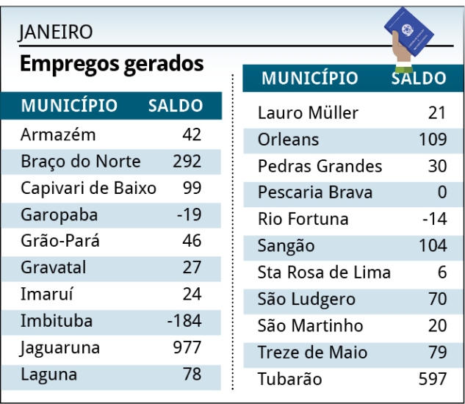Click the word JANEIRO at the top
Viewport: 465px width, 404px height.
tap(57, 32)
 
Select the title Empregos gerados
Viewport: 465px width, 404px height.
tap(111, 64)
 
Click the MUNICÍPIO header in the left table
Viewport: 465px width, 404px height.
tap(69, 106)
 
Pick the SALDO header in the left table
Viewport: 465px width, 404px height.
tap(176, 106)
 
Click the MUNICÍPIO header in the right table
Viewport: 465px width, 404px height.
tap(310, 79)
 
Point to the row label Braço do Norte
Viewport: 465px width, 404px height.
tap(81, 162)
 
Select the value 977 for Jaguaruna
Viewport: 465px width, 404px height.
tap(187, 347)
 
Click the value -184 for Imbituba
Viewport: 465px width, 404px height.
tap(184, 321)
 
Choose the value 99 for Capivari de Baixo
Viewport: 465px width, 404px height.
tap(192, 188)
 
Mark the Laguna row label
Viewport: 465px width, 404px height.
tap(48, 375)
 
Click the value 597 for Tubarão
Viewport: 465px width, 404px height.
tap(432, 379)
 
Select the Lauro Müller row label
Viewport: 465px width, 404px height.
tap(309, 113)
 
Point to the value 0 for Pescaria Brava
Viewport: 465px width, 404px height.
tap(441, 192)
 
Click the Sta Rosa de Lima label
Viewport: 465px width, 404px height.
tap(324, 273)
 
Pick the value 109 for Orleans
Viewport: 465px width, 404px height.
tap(433, 140)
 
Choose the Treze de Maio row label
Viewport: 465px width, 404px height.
tap(312, 353)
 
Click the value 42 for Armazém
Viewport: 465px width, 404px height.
tap(192, 135)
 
